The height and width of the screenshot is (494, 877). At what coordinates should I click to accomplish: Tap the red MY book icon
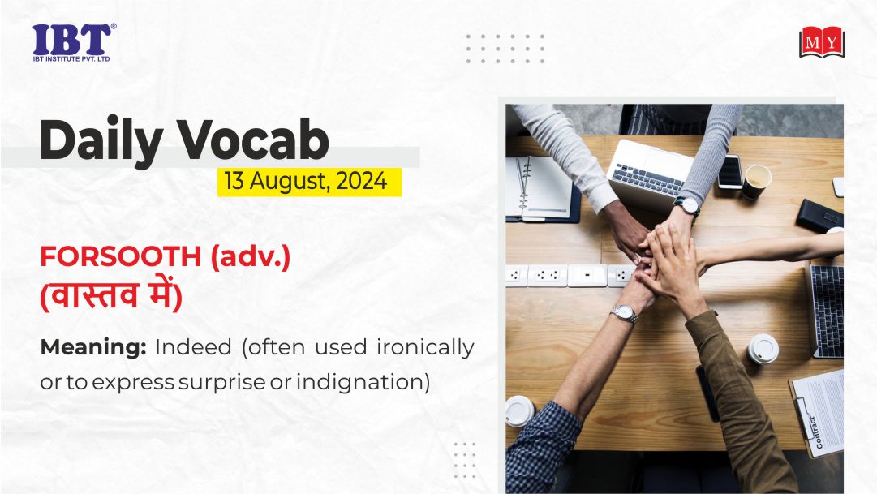[x=822, y=42]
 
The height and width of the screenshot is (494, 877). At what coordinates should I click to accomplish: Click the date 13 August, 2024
[x=306, y=181]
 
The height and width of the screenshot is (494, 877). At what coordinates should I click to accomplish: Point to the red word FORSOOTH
[x=120, y=257]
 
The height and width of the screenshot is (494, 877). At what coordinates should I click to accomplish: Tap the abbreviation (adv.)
[x=251, y=257]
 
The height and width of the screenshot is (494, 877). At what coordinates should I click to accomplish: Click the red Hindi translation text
[x=111, y=294]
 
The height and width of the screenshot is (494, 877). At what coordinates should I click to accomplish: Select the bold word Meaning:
[x=93, y=348]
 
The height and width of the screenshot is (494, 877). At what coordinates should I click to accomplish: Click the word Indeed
[x=193, y=347]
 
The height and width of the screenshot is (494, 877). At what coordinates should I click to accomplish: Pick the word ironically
[x=425, y=348]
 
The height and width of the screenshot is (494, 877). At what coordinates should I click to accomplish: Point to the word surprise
[x=221, y=383]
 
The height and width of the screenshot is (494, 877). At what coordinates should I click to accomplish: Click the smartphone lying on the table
[x=730, y=171]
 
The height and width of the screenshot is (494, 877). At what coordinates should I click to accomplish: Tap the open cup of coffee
[x=757, y=181]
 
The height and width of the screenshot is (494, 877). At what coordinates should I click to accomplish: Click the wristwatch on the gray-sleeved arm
[x=687, y=206]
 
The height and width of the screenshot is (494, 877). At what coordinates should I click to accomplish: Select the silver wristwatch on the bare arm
[x=624, y=313]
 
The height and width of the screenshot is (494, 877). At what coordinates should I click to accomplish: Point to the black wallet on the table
[x=819, y=216]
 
